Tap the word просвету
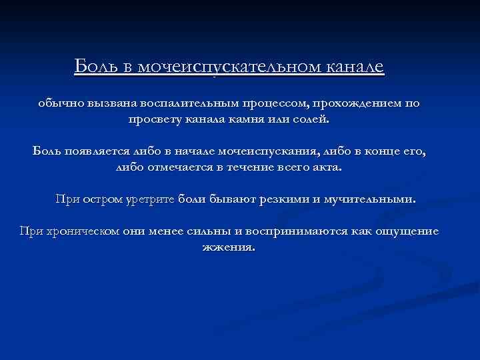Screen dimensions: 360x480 155,121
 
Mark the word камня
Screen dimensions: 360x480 245,121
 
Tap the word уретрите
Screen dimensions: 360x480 148,199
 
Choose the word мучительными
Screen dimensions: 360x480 385,199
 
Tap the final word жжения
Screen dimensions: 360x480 228,247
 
